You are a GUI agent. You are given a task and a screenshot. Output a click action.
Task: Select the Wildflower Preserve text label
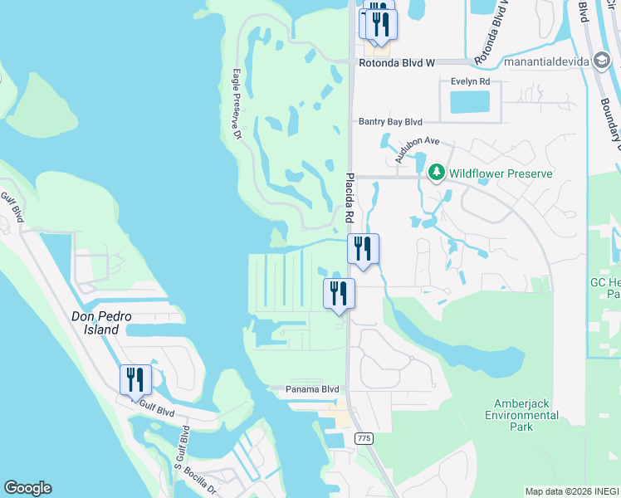501,173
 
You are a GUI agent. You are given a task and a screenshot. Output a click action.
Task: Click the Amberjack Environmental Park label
521,414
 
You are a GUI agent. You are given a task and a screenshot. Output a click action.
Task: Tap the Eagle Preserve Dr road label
237,103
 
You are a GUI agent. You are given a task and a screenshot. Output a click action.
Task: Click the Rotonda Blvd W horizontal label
397,62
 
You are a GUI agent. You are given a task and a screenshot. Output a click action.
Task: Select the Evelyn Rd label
470,81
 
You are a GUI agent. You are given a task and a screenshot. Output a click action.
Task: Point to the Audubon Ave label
416,150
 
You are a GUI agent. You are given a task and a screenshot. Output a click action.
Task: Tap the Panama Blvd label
312,388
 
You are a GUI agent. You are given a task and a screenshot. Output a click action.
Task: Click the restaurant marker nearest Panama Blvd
339,295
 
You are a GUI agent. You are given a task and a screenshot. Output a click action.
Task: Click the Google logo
27,488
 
